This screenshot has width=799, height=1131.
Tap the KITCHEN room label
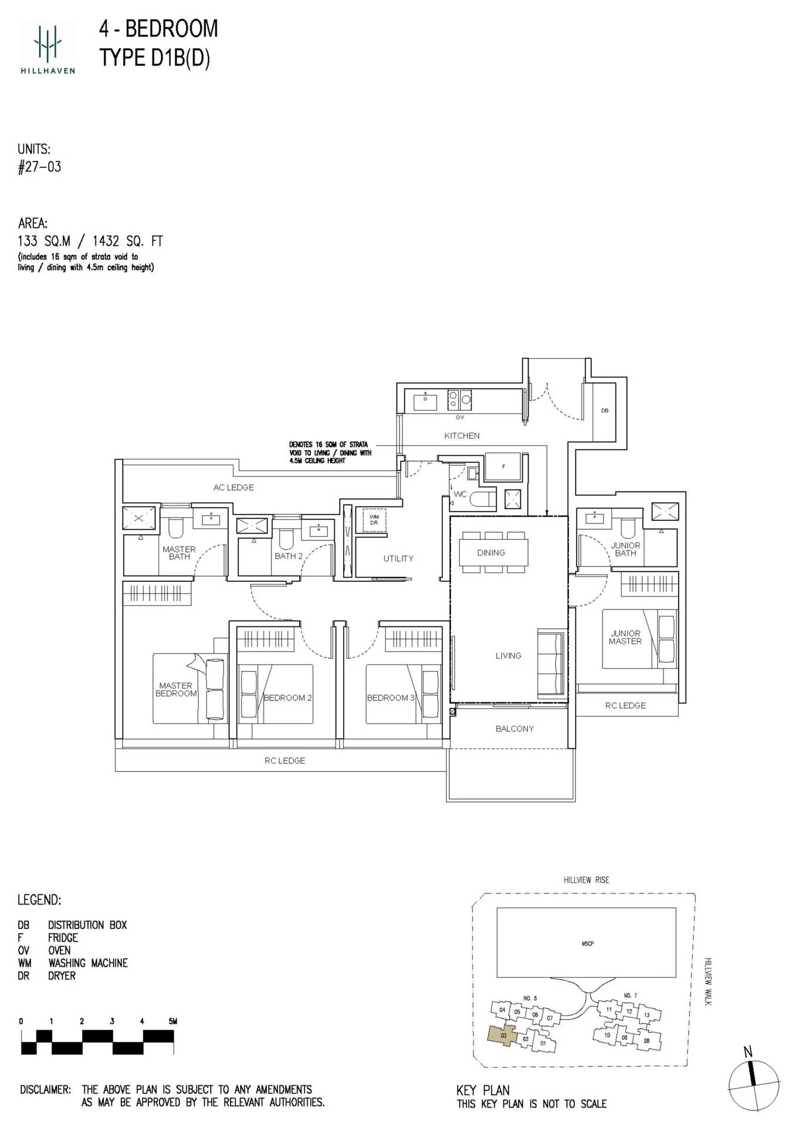[462, 436]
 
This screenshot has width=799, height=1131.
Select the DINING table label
[491, 553]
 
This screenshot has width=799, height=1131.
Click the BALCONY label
[514, 729]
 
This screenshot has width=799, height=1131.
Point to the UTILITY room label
[398, 558]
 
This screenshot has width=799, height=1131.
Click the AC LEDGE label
[233, 487]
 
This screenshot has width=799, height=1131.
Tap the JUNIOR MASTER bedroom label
[625, 638]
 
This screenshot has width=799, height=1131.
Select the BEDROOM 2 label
[287, 697]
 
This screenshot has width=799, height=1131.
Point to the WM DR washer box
[374, 520]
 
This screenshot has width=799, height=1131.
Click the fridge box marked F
[503, 467]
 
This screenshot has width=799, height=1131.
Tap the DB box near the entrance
[604, 411]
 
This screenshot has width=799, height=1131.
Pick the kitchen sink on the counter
[425, 402]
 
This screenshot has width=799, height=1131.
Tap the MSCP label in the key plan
[587, 943]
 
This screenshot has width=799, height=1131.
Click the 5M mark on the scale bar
[172, 1021]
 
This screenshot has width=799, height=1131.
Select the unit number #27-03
[39, 167]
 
